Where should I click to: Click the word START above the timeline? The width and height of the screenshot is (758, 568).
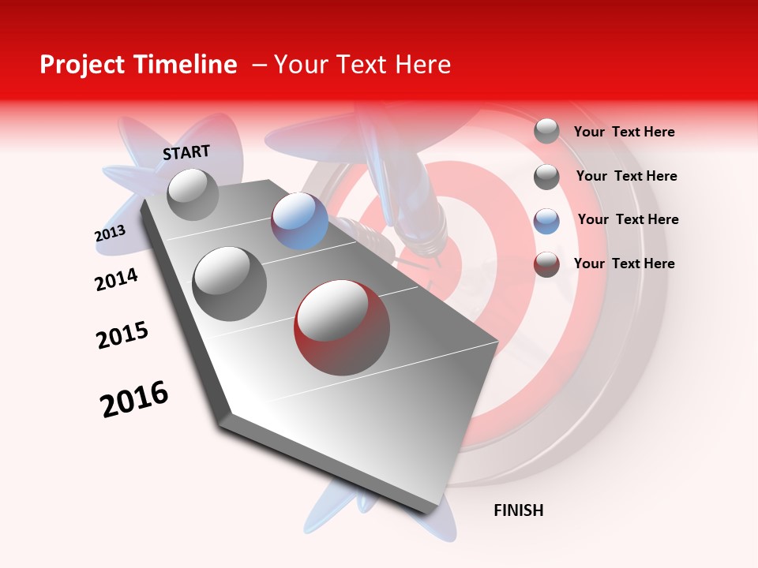tap(186, 152)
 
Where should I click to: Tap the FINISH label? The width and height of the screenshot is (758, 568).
tap(518, 510)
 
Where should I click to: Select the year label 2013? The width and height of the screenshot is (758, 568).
tap(110, 234)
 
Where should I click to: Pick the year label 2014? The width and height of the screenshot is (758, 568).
tap(116, 279)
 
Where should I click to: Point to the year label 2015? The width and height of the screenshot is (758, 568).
tap(122, 335)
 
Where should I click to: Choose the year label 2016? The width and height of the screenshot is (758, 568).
tap(134, 399)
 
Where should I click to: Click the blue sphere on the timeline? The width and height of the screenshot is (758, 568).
tap(299, 221)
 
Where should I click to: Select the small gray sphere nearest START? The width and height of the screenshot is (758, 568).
tap(193, 194)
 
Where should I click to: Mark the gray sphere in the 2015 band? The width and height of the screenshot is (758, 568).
tap(230, 283)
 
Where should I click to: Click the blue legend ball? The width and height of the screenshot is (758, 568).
tap(546, 221)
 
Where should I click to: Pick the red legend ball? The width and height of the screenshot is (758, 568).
tap(546, 264)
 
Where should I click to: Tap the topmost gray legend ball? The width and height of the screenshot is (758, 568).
tap(546, 131)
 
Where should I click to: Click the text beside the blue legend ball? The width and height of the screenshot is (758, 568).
tap(628, 219)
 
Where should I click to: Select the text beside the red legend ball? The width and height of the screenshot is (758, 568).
tap(624, 263)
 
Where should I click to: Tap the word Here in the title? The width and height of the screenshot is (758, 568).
tap(422, 65)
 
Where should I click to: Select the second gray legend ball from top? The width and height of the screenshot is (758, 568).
tap(546, 177)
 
